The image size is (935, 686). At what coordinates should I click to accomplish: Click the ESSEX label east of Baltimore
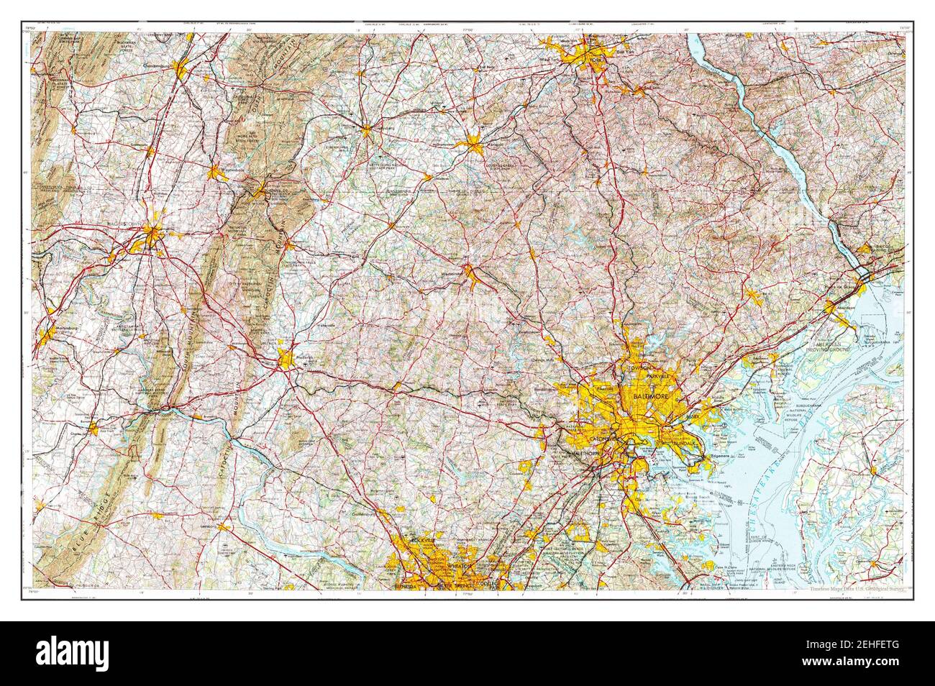coord(693,416)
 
